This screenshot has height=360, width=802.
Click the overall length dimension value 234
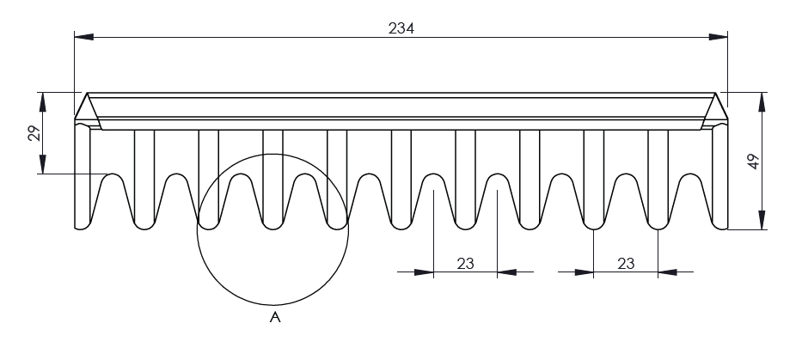(401, 27)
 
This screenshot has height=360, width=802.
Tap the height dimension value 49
(754, 162)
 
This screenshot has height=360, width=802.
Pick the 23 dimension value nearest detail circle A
(466, 264)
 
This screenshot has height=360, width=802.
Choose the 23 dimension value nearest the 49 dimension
(626, 264)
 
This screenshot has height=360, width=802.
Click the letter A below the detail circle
(275, 319)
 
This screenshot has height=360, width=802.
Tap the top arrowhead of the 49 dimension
(762, 98)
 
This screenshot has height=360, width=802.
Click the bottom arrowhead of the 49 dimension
(762, 223)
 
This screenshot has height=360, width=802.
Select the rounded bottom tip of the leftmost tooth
(83, 227)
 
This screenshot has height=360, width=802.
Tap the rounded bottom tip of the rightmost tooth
(719, 227)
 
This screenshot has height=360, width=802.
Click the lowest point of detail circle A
(273, 305)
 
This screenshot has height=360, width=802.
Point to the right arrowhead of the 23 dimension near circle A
(506, 273)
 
